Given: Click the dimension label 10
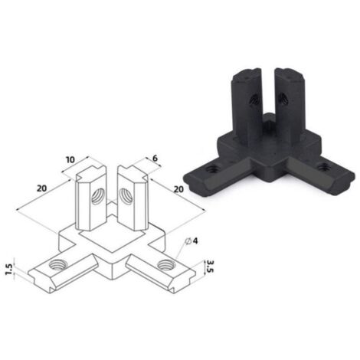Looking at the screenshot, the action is pos(70,160).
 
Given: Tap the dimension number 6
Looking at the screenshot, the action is pos(155,159).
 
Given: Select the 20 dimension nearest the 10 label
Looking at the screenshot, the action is pos(42,188).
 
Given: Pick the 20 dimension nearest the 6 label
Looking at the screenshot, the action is pos(178,189).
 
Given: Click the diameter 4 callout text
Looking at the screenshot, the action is pos(192,241).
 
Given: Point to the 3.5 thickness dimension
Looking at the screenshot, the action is pos(211,267).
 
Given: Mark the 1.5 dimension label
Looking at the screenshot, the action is pos(9,270).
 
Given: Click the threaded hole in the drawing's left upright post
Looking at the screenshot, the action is pos(98,196).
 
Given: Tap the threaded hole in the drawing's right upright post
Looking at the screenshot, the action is pos(126,195).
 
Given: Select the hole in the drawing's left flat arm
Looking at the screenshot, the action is pos(57,265).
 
